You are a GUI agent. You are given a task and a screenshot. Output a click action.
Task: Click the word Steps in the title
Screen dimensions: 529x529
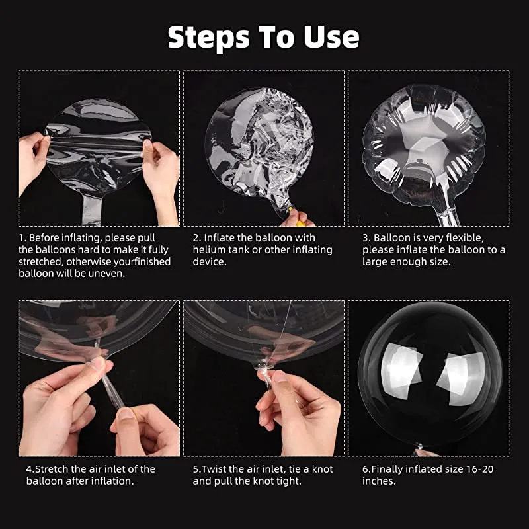(x=209, y=38)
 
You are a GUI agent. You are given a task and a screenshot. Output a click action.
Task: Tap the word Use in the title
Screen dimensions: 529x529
(x=332, y=36)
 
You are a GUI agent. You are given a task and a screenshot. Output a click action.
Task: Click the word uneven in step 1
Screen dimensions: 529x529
(x=106, y=273)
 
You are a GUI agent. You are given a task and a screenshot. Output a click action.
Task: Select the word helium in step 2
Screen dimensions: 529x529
(x=209, y=250)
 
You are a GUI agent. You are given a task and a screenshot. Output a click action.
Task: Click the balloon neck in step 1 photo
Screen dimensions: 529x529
(x=92, y=210)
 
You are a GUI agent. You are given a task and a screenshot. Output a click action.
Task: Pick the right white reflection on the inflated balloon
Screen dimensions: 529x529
(x=461, y=378)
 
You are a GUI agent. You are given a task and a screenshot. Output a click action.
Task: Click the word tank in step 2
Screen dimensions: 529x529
(x=239, y=250)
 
